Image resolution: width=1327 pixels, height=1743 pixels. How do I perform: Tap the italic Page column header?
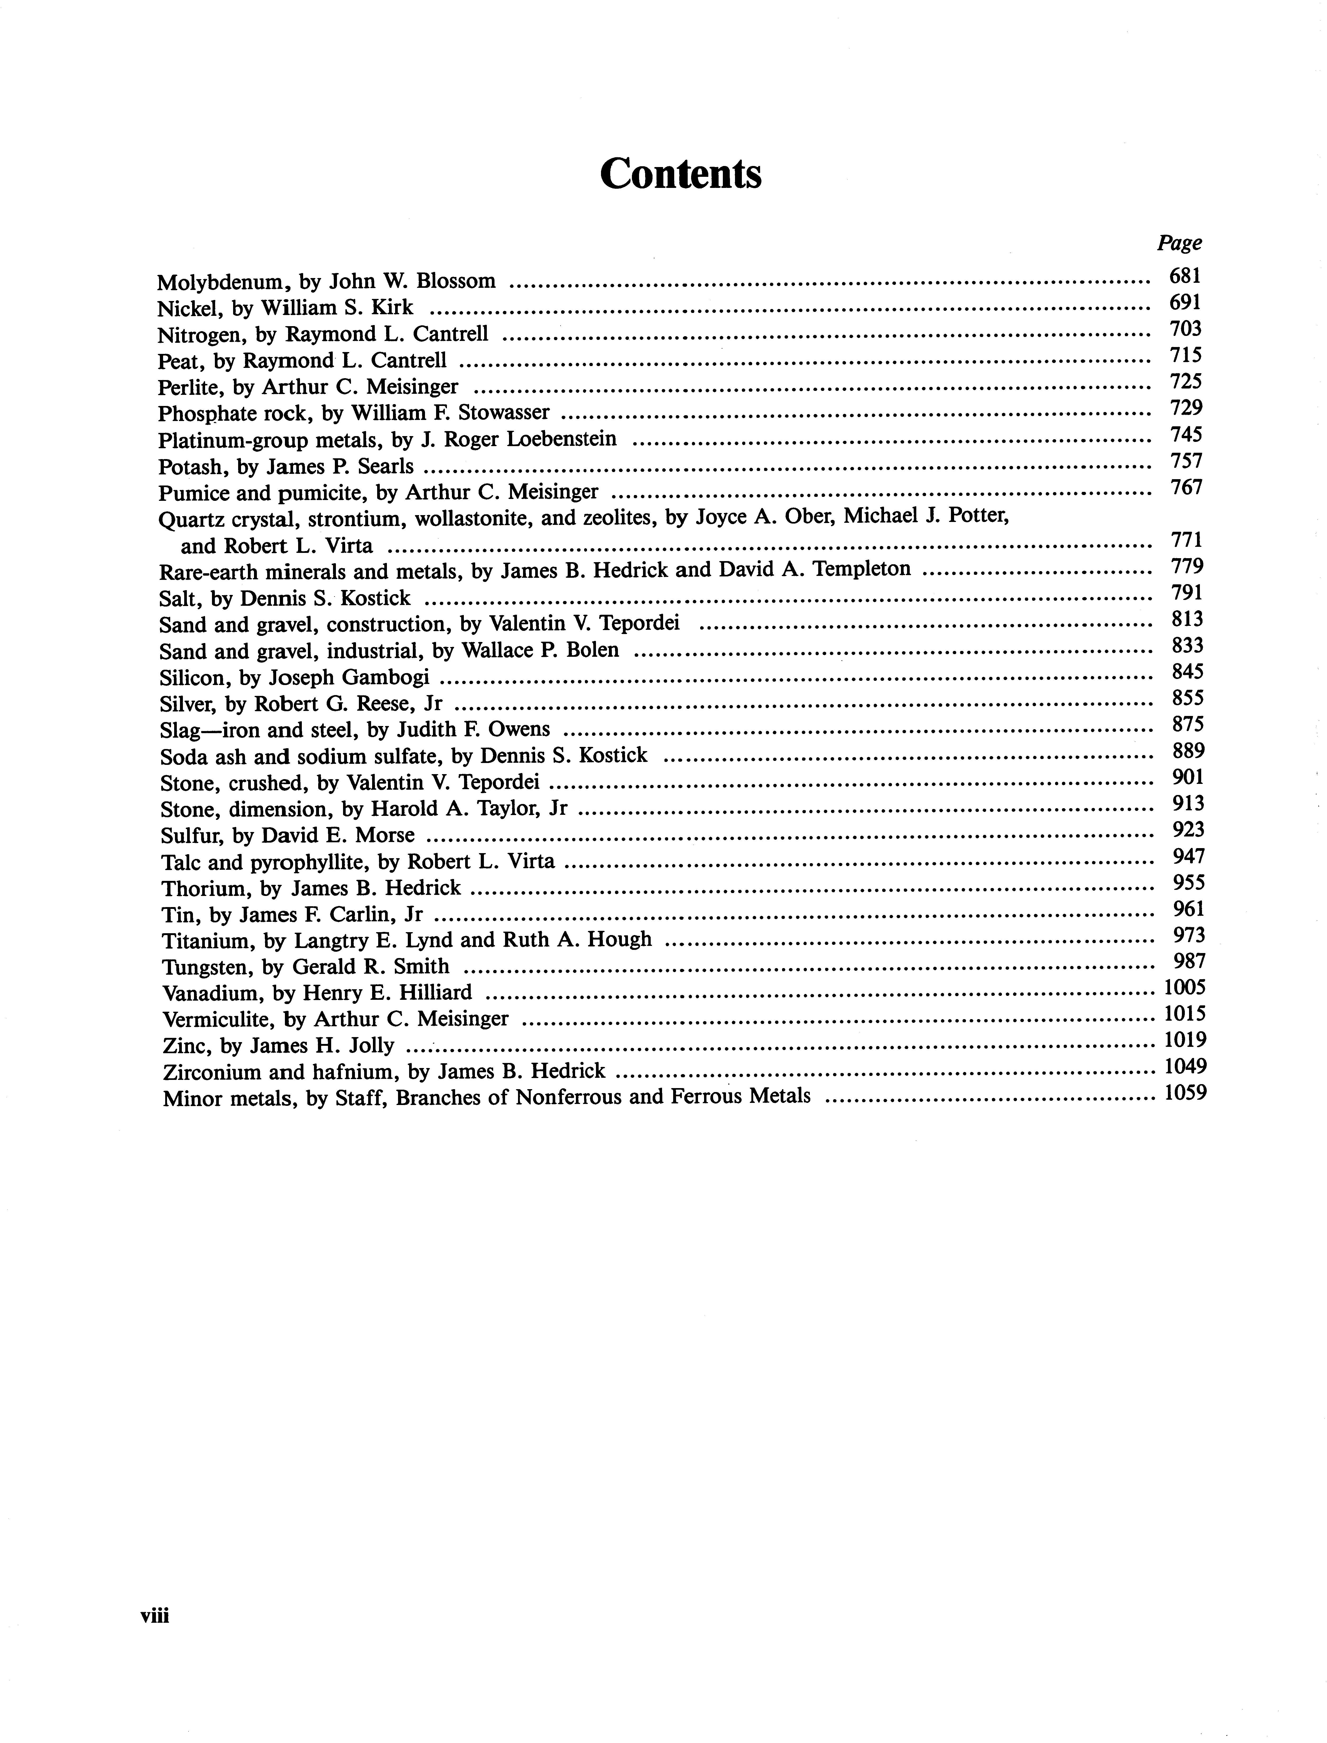1179,243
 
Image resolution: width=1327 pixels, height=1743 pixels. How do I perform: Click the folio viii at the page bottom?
155,1616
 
